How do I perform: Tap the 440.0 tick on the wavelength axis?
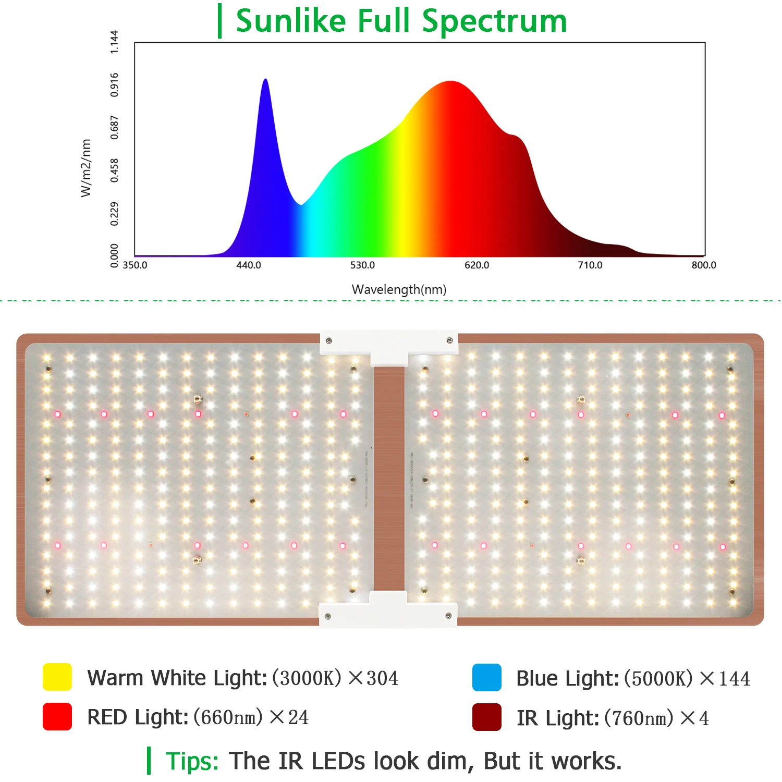coord(249,265)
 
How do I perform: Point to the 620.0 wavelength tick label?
coord(476,265)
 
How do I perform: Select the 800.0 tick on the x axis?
coord(704,265)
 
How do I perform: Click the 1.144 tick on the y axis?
coord(114,42)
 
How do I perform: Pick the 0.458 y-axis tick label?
coord(114,170)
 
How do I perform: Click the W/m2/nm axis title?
coord(86,168)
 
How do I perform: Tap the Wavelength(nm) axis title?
coord(399,289)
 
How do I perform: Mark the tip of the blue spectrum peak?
coord(265,80)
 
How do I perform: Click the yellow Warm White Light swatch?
coord(57,677)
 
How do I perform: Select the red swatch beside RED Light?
coord(57,716)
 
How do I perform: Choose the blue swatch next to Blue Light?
coord(486,678)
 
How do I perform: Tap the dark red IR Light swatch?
coord(486,717)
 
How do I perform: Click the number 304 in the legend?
coord(382,678)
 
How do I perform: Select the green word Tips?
coord(192,761)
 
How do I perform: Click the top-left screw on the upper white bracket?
coord(329,341)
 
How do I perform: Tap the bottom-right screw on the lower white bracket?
coord(448,616)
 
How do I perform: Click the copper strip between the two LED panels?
coord(389,480)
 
